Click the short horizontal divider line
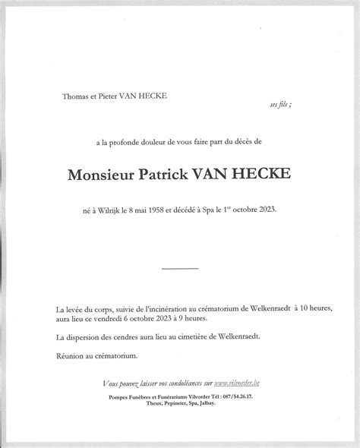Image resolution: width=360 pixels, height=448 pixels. click(180, 268)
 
